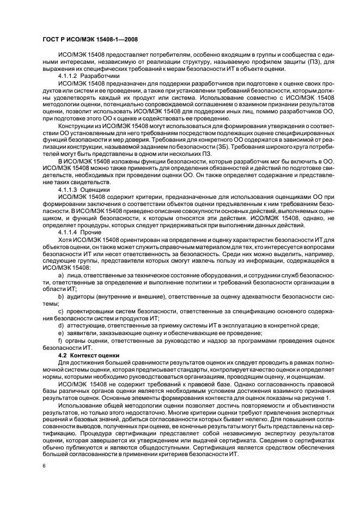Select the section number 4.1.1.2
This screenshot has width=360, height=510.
(69, 76)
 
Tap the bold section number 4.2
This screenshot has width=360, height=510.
(63, 355)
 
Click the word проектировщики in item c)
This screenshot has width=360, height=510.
(90, 310)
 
